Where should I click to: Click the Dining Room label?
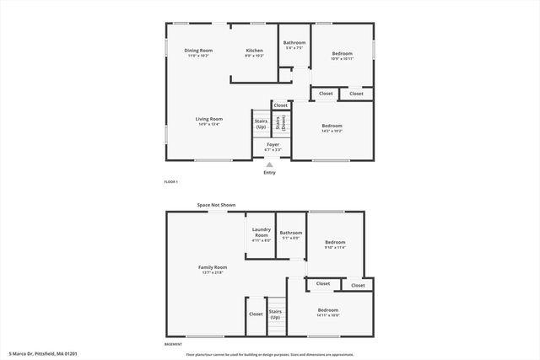198,51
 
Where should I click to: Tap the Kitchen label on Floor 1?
254,51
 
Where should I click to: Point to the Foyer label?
273,145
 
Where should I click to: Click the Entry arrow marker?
269,164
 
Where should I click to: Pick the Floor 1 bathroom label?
294,43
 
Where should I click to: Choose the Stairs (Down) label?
279,123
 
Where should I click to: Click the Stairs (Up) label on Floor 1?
261,123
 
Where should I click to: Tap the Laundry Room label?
261,233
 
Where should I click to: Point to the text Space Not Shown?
216,205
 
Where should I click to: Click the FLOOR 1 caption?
170,182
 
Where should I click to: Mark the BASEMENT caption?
173,344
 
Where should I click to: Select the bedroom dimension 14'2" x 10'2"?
331,131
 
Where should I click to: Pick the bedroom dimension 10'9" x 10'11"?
342,58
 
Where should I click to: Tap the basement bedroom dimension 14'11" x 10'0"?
328,314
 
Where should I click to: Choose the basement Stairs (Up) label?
275,314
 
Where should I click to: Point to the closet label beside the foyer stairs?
279,105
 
